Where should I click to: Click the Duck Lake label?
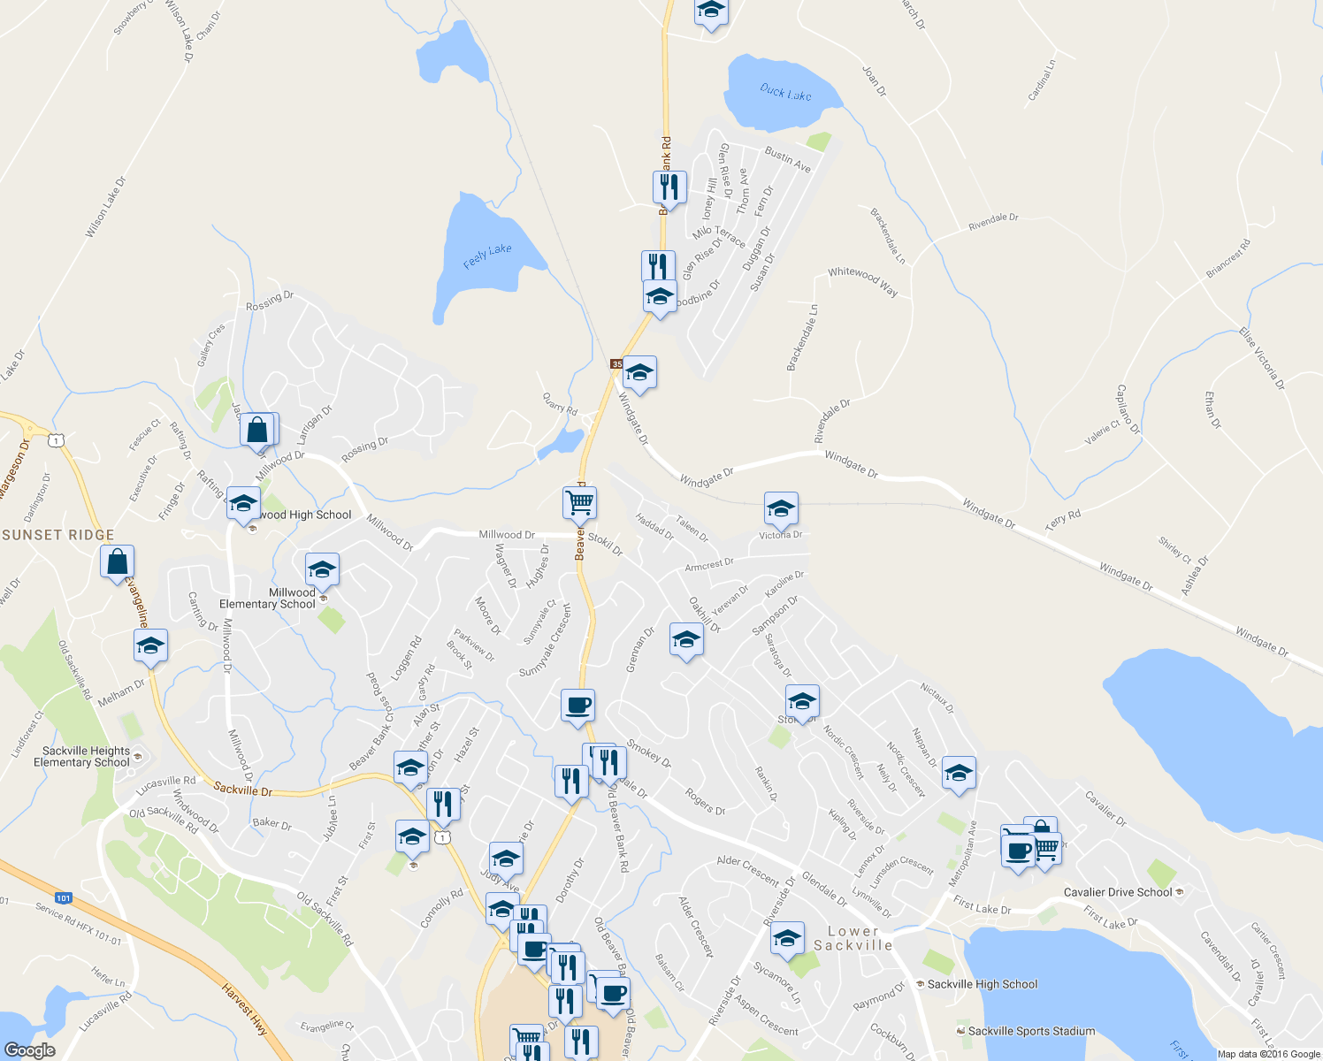(785, 93)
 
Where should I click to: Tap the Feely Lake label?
(487, 256)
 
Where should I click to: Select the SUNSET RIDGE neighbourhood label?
(58, 535)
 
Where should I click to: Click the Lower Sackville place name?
(853, 938)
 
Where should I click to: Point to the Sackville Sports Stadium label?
(1031, 1031)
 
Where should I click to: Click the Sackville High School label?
(982, 984)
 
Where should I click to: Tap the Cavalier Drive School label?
(1118, 892)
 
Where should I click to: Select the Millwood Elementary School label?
(268, 599)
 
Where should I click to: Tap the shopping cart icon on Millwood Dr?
(579, 502)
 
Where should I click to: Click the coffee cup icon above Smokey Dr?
(577, 706)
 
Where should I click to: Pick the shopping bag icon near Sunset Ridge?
(117, 561)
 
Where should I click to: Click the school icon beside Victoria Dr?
(781, 508)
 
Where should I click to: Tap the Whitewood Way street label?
(862, 281)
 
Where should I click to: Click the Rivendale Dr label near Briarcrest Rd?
(993, 222)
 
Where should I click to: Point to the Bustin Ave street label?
(788, 159)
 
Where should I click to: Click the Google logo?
(30, 1050)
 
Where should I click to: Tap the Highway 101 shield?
(63, 898)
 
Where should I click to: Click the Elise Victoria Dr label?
(1261, 359)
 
